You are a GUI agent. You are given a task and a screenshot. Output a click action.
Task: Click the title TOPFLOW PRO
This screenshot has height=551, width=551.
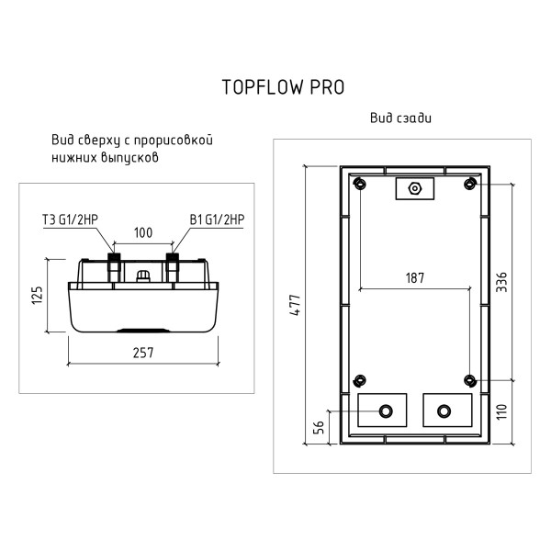(x=283, y=87)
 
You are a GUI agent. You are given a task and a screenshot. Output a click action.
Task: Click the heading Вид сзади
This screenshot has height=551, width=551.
(x=400, y=119)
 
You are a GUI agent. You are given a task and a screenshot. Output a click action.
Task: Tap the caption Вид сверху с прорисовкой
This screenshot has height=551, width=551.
(x=133, y=142)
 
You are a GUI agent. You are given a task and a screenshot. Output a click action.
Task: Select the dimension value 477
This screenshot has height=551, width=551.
(x=295, y=308)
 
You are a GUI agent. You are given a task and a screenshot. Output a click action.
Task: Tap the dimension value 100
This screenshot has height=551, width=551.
(x=142, y=233)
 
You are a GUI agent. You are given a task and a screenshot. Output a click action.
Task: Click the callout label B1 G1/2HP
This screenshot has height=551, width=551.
(x=217, y=219)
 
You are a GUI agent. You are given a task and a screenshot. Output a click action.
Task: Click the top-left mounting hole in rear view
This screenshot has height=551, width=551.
(x=360, y=185)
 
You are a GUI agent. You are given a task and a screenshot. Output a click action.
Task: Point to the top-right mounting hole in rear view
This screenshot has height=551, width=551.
(x=469, y=185)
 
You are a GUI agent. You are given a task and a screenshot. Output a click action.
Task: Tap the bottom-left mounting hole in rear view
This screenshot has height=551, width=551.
(x=360, y=380)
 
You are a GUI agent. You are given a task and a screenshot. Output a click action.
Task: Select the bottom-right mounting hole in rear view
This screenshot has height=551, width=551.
(x=469, y=380)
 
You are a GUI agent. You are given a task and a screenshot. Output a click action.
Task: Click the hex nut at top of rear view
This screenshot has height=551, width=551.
(x=414, y=189)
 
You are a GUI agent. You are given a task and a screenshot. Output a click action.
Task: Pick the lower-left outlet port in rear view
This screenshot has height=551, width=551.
(x=385, y=410)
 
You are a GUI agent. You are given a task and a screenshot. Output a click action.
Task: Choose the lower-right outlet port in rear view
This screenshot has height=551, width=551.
(x=444, y=410)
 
